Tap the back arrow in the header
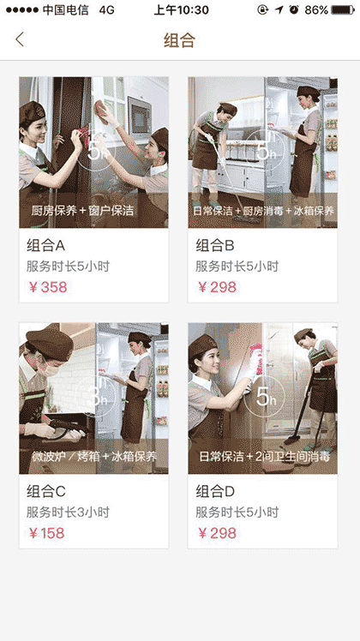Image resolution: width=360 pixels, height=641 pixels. point(20,39)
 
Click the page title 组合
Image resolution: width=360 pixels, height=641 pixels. point(180,40)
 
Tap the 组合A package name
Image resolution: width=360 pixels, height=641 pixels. point(46,245)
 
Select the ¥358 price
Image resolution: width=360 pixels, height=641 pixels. point(47,287)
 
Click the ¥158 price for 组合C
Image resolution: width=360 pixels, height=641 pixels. point(47,533)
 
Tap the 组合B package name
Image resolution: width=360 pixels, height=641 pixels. point(215,245)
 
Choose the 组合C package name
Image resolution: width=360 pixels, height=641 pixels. point(46,491)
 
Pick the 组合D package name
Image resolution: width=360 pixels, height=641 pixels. point(215,491)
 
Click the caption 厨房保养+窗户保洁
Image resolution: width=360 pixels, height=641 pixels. point(82,210)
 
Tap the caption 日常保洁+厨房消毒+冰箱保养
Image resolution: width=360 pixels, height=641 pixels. point(263,210)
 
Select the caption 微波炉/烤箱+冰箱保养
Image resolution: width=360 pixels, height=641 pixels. point(93,457)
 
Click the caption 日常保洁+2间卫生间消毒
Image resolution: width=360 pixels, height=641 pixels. point(263,457)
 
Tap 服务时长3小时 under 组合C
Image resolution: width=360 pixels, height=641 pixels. point(68,512)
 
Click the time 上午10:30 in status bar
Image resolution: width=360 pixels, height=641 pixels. point(180,9)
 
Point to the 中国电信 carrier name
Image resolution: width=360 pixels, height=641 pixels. point(65,9)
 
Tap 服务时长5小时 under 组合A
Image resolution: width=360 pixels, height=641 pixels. point(68,267)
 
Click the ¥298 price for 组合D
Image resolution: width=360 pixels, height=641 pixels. point(217,533)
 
